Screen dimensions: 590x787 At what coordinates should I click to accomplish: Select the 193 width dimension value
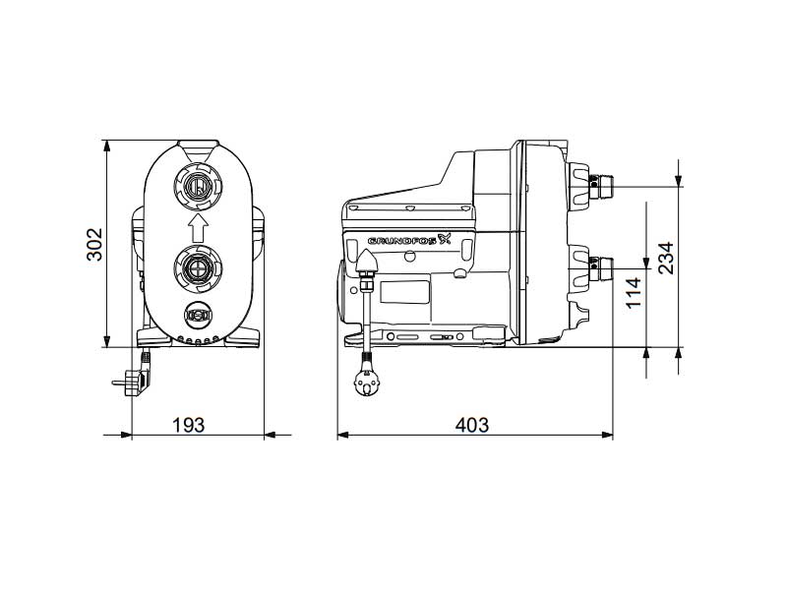click(189, 424)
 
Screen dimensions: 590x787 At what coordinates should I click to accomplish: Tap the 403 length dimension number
click(472, 424)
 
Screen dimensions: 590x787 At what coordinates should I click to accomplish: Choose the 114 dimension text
click(634, 294)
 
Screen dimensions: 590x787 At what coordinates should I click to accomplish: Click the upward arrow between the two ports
click(197, 229)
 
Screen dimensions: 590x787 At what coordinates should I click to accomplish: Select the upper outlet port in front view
click(197, 186)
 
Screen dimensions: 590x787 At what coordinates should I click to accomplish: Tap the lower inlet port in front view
click(197, 267)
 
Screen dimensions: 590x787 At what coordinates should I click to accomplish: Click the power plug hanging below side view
click(367, 383)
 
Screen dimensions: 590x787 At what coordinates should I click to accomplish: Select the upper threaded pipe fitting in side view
click(601, 183)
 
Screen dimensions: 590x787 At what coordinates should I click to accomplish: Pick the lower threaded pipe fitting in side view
click(601, 264)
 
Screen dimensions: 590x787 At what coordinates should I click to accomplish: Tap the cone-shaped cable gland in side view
click(365, 262)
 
